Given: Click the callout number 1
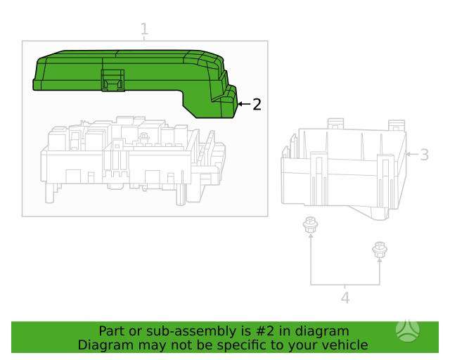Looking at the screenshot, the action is point(144,29).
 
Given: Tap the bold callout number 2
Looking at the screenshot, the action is point(257,104).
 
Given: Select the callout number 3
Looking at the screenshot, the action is point(424,155).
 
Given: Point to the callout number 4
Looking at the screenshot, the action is point(345,297).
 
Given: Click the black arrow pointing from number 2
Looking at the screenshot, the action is point(244,104).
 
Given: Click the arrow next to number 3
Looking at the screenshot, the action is point(412,154).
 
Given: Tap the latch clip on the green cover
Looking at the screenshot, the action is point(112,80).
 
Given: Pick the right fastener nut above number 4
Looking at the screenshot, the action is point(379,250).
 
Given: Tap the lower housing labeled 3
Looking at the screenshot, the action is point(344,169).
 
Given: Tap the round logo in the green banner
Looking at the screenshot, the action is point(408,331).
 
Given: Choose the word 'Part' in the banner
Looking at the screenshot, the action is point(111,331).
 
